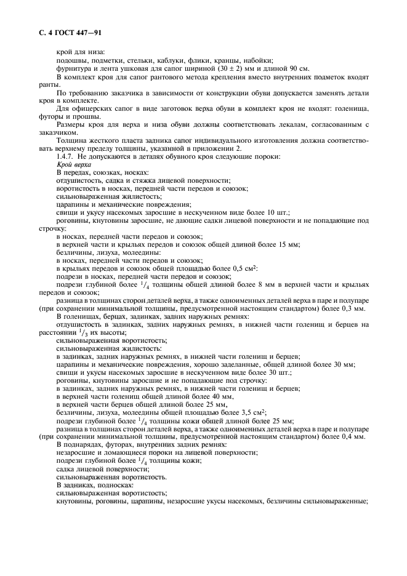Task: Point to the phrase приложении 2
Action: coord(224,148)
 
